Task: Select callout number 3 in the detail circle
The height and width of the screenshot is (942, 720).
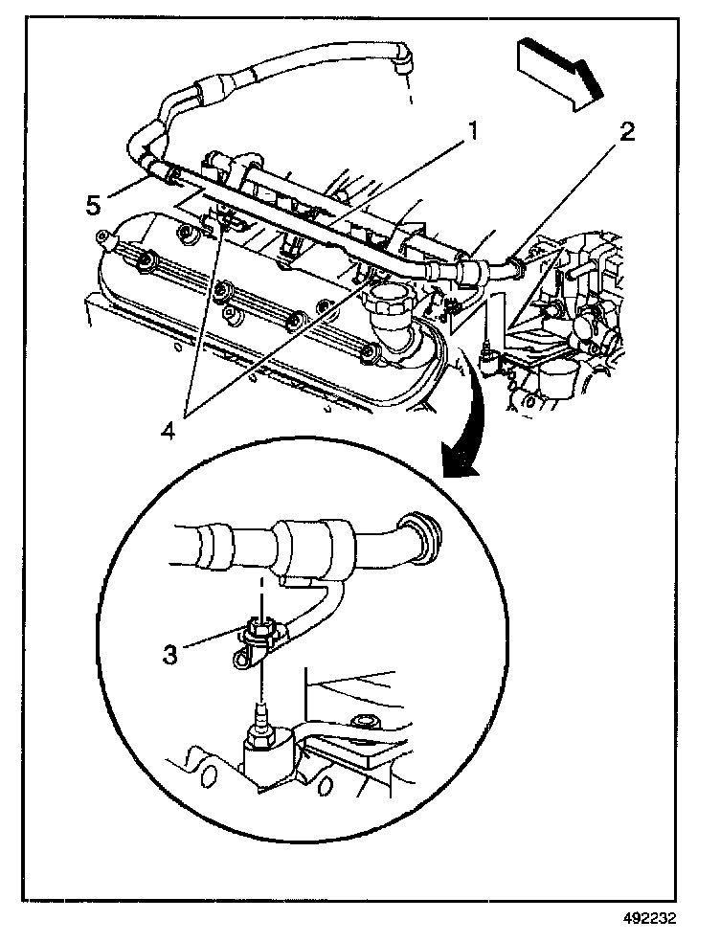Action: [x=169, y=655]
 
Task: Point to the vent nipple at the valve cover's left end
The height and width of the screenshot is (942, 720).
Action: [x=102, y=237]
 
